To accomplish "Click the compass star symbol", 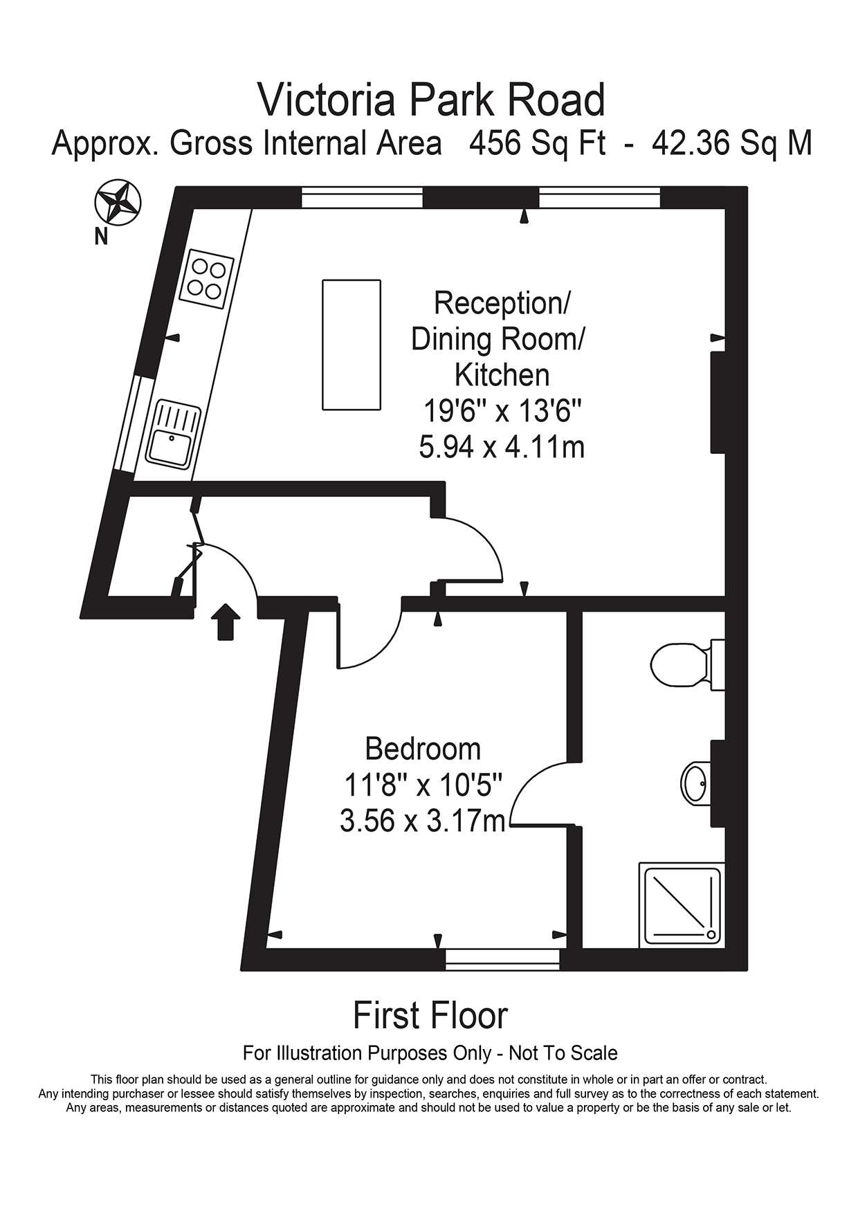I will pos(118,202).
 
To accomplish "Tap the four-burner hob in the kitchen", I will pos(206,278).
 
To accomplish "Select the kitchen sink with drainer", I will pos(173,435).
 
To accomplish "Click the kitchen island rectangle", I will pos(352,345).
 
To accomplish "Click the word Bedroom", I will pos(423,749).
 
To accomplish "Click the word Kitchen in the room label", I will pos(502,375).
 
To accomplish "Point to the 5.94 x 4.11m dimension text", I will pos(502,447).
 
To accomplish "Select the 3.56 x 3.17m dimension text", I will pos(423,821).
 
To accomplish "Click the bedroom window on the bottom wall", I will pos(502,959).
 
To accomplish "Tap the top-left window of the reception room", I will pos(362,198).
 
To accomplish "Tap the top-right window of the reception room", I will pos(599,198).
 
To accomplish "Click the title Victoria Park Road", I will pos(432,100).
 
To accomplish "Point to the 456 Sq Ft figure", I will pos(537,144).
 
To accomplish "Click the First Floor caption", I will pos(430,1016).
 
